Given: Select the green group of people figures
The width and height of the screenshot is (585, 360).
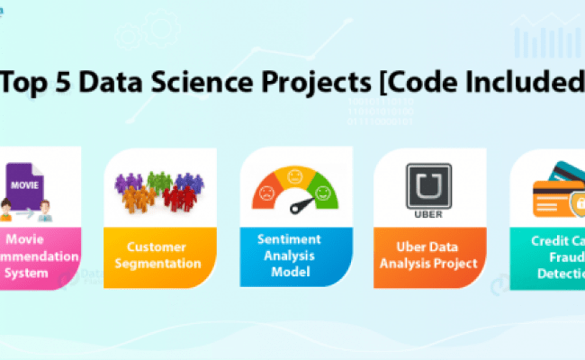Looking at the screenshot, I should coord(160,179).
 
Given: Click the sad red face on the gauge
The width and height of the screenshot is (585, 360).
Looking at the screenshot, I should coord(266,191).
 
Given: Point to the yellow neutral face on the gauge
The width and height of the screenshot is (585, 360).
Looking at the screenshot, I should coord(295,175).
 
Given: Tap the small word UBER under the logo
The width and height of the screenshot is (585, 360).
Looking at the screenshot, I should coord(428,215).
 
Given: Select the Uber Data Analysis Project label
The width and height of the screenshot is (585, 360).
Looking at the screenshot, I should coord(429,255).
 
